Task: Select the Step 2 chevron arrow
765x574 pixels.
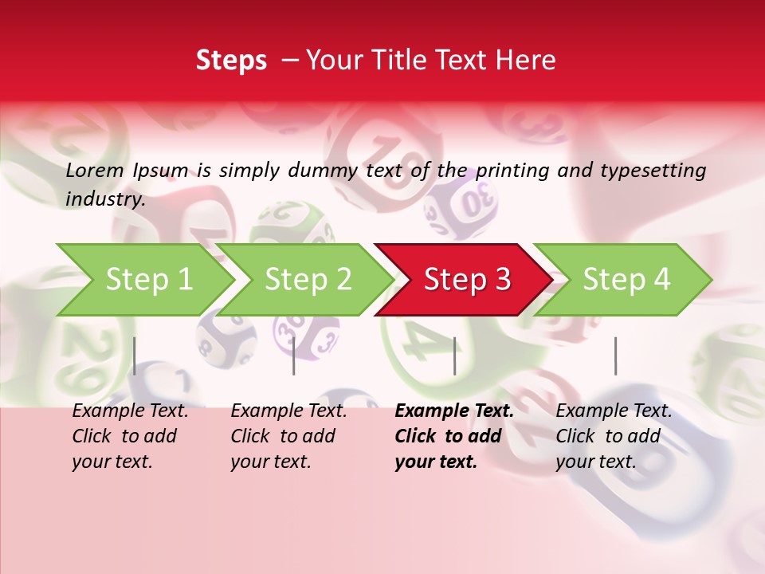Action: (308, 280)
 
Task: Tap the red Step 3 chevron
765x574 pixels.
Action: (467, 280)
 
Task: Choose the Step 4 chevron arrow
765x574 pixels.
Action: (626, 280)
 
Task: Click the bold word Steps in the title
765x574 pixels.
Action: (231, 61)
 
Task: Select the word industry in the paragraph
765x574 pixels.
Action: (104, 199)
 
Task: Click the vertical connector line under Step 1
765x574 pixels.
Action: (135, 356)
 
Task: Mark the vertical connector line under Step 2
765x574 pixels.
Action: (294, 356)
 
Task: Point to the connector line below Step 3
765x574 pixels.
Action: (454, 356)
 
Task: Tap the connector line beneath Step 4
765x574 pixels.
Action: (615, 356)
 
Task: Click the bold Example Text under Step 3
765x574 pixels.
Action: (454, 411)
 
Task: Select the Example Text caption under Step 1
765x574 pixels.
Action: (130, 411)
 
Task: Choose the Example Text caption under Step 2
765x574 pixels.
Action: (288, 411)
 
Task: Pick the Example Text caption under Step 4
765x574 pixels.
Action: (614, 411)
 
